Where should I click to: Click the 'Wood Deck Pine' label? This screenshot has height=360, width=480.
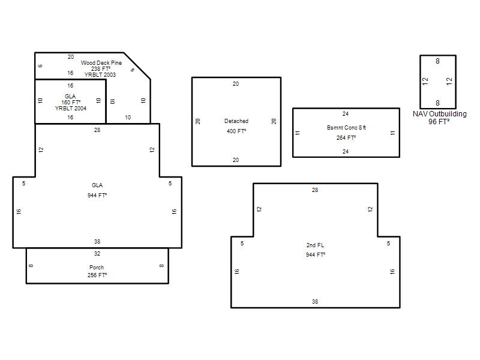(101, 63)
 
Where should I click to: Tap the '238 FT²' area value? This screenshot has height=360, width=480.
(101, 69)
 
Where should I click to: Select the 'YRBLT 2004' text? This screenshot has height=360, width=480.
(71, 109)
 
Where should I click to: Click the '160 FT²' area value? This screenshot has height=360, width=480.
(71, 102)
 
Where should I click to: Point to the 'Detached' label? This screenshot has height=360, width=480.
(236, 121)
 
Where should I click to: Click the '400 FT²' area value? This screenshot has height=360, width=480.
(236, 131)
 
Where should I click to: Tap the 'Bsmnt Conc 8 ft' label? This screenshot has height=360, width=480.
(346, 128)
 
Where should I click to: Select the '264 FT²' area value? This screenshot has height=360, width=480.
(346, 138)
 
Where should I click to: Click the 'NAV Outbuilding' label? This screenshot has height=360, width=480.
(440, 114)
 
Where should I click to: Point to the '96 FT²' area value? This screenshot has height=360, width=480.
(439, 122)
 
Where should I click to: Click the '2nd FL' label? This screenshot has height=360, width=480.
(316, 245)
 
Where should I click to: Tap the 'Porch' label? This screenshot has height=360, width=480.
(97, 267)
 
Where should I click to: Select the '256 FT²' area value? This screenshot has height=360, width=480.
(97, 275)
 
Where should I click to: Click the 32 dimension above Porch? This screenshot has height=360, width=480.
(97, 253)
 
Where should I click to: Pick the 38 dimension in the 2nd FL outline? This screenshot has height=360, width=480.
(315, 302)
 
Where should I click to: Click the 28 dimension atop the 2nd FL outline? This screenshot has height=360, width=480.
(315, 190)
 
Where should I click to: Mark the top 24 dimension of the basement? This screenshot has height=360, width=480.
(346, 114)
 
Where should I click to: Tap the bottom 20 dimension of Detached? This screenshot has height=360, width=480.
(236, 160)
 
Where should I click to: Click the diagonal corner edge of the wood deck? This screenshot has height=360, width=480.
(137, 66)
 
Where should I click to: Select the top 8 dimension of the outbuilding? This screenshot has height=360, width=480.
(438, 61)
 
